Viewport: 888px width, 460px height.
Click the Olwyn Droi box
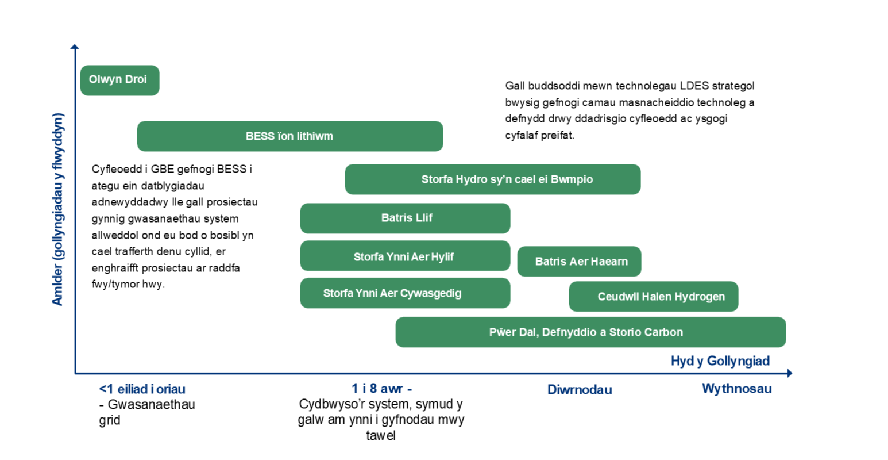click(119, 80)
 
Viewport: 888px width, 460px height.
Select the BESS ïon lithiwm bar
click(289, 136)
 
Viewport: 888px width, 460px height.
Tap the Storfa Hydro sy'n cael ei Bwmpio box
click(492, 179)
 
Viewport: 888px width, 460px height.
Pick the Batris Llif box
click(405, 218)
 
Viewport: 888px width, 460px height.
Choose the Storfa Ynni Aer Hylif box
click(405, 256)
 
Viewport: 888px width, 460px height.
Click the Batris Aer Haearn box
click(579, 262)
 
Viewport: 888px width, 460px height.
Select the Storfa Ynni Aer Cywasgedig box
click(405, 293)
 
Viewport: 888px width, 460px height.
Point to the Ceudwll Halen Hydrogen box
click(653, 297)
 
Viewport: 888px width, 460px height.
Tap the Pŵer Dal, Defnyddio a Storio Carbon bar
click(590, 332)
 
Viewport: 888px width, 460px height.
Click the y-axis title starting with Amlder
click(57, 209)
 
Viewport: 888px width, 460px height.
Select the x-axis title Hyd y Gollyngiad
click(720, 361)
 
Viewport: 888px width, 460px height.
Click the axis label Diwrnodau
click(579, 390)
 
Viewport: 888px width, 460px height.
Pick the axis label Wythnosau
click(736, 389)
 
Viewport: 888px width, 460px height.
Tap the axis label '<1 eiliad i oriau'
click(142, 389)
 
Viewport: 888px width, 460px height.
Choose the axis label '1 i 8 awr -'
click(381, 389)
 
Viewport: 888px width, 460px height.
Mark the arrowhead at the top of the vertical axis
click(75, 47)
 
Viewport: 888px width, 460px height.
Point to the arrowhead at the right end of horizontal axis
click(789, 373)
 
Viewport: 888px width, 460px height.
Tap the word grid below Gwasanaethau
click(110, 420)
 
